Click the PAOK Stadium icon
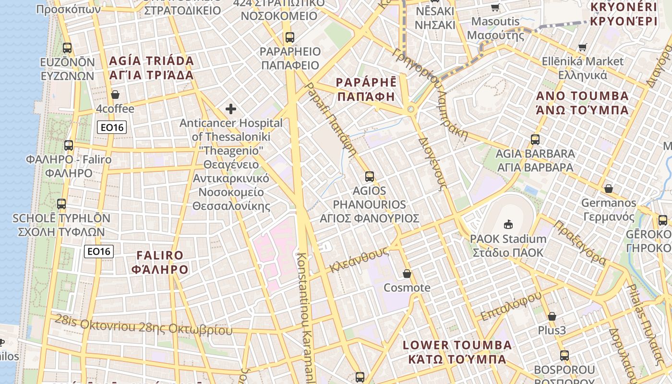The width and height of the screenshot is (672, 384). click(x=508, y=224)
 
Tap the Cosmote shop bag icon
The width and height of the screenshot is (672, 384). click(x=407, y=274)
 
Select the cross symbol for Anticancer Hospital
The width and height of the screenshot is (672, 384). click(x=231, y=109)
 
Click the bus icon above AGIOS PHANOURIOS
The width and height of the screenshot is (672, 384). click(x=369, y=176)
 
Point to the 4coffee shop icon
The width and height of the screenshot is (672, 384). click(x=115, y=95)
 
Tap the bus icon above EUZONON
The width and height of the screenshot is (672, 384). click(x=67, y=48)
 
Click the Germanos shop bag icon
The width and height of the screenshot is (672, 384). click(x=608, y=189)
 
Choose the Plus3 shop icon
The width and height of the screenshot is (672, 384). click(x=552, y=316)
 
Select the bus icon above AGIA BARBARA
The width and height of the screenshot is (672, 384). click(x=535, y=140)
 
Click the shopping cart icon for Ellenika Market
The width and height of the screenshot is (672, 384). click(x=583, y=47)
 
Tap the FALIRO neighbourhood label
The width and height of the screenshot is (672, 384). click(x=160, y=262)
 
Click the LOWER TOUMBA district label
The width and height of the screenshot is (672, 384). click(x=457, y=352)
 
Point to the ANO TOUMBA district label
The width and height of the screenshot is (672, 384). click(x=582, y=103)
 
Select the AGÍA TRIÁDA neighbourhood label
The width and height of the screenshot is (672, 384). click(x=151, y=68)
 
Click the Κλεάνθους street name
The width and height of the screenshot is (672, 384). click(x=359, y=259)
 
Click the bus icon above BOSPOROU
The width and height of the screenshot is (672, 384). click(x=564, y=356)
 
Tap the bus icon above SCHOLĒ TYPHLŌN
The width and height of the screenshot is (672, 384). click(x=61, y=204)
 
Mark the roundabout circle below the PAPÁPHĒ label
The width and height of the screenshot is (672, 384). click(x=410, y=110)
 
